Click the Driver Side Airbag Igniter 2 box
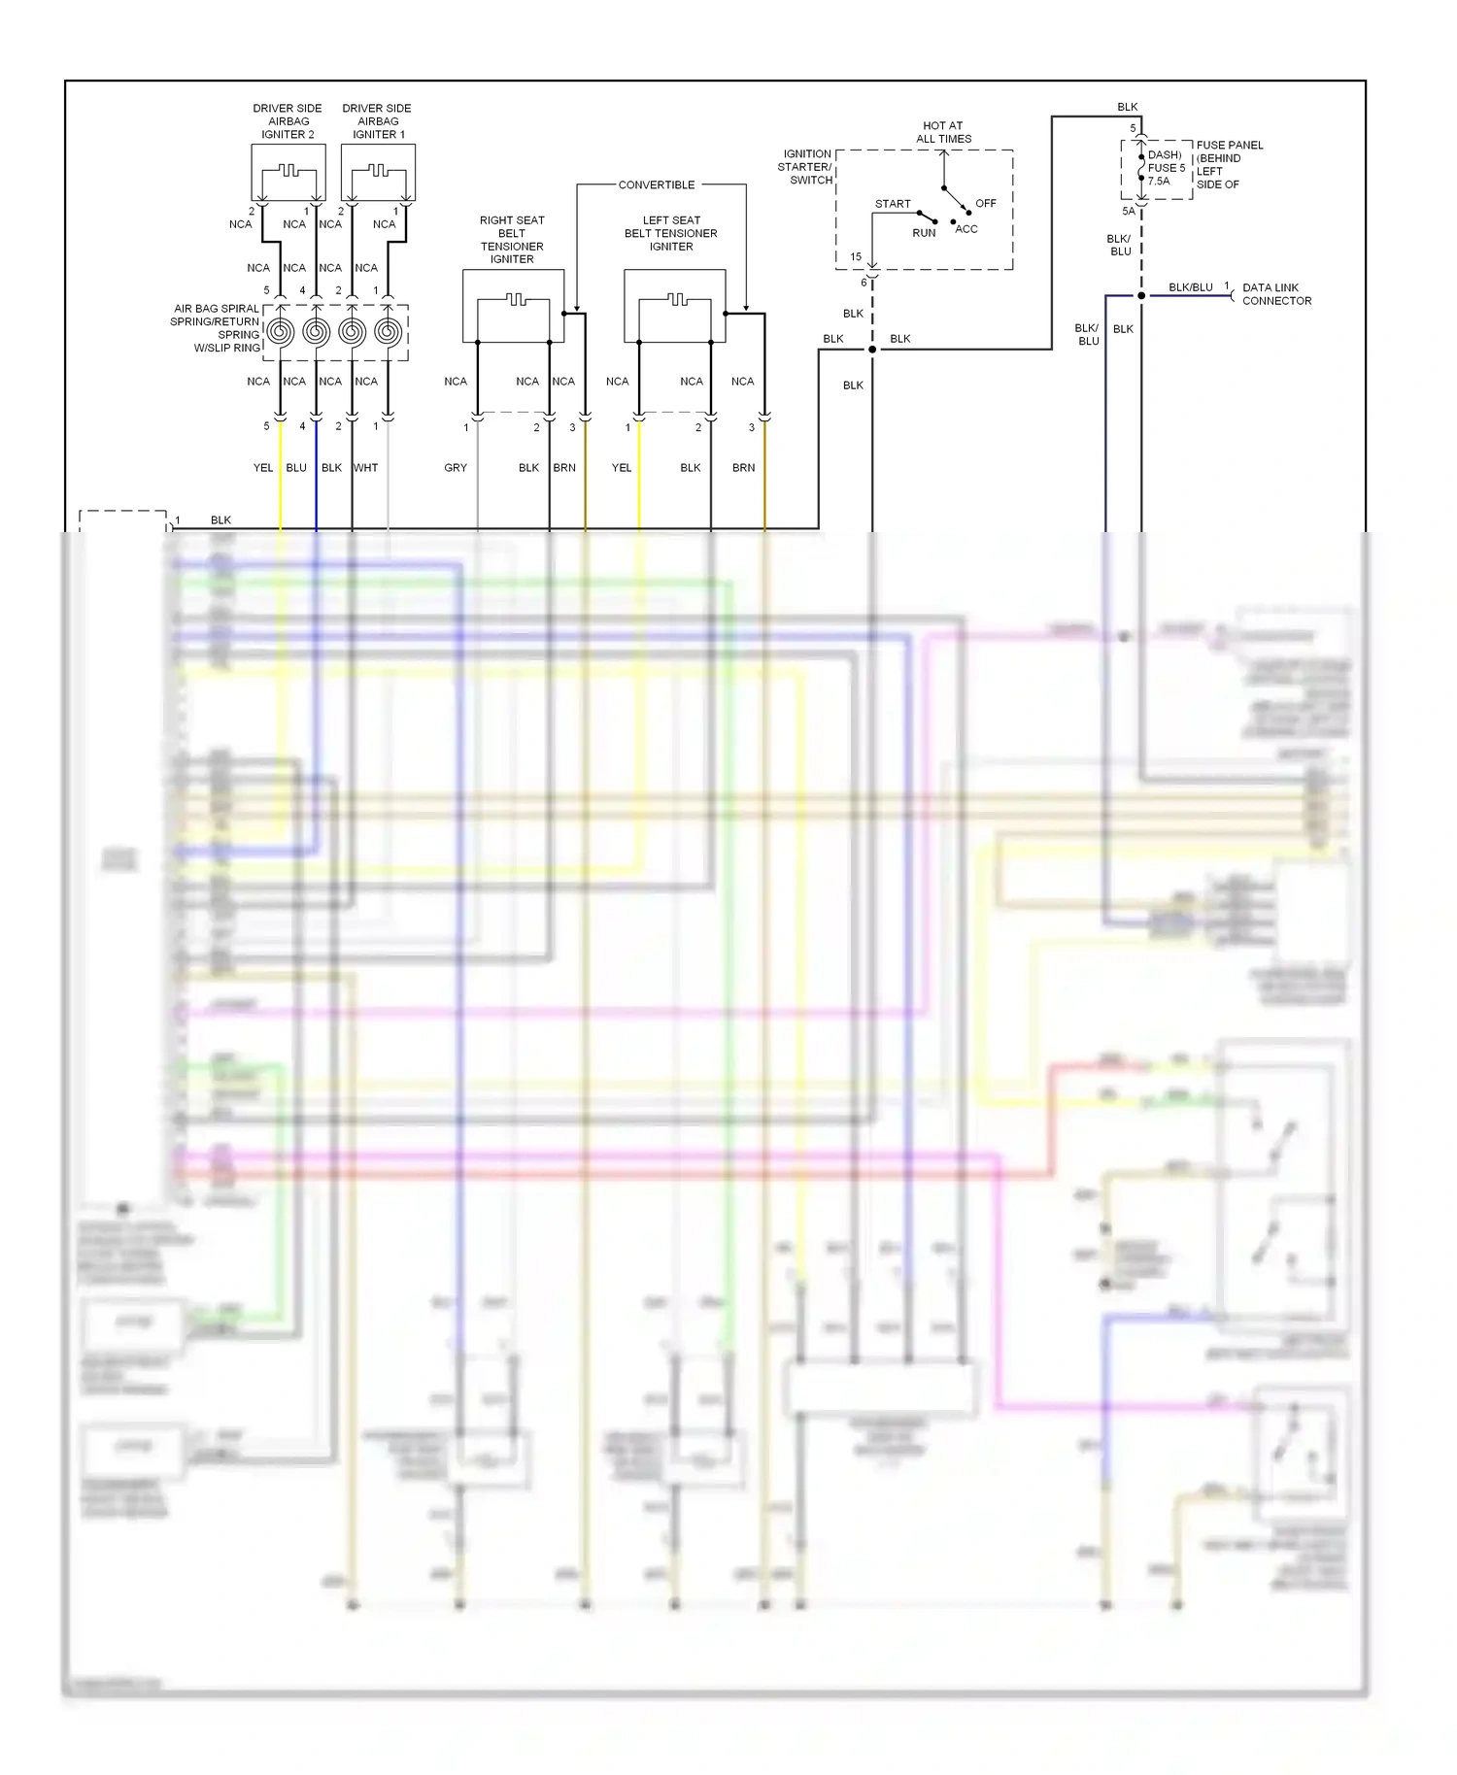click(288, 173)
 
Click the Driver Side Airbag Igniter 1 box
click(378, 173)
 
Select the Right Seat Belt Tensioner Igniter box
click(513, 307)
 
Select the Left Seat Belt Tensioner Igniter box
click(674, 307)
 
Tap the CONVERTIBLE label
click(657, 184)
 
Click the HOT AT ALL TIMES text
click(943, 132)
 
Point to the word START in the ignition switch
click(893, 204)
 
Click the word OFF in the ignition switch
click(986, 203)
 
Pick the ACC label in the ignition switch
click(966, 229)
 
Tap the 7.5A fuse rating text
click(1159, 182)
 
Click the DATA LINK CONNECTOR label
click(1276, 294)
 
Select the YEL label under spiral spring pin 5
click(263, 468)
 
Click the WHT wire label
click(366, 468)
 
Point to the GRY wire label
click(456, 468)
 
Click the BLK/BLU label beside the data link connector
click(1190, 287)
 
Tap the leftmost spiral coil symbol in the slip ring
click(280, 332)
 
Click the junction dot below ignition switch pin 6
click(872, 350)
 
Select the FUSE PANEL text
click(1230, 145)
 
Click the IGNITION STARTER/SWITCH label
click(807, 167)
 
